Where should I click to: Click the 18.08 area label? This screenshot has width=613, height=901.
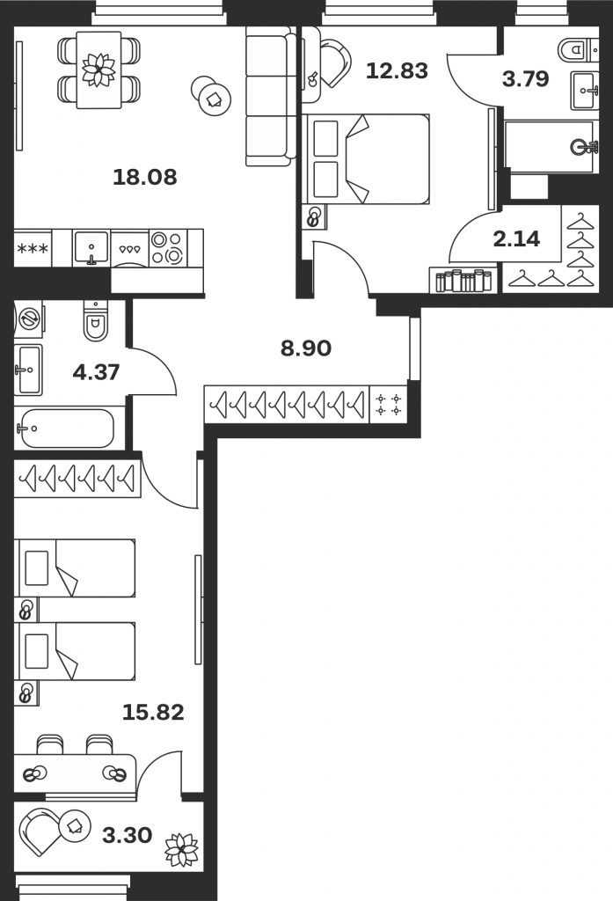[145, 177]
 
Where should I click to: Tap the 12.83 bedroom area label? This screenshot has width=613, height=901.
[397, 70]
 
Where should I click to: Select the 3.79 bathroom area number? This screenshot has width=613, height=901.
[526, 78]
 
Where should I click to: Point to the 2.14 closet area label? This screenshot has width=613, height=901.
[516, 238]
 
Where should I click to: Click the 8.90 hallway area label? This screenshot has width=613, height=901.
[306, 348]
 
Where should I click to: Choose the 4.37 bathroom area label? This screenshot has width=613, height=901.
[96, 372]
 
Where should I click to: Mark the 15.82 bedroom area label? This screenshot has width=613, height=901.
[153, 713]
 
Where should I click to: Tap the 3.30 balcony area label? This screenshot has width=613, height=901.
[127, 835]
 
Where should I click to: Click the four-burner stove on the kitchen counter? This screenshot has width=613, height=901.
[168, 247]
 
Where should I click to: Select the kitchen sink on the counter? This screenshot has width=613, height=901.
[91, 248]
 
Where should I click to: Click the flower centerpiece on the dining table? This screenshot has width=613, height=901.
[99, 69]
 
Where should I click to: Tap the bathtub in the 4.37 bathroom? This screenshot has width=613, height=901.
[64, 429]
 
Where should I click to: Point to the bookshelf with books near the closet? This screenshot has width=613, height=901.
[464, 281]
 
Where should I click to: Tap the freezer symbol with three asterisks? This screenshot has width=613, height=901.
[33, 249]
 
